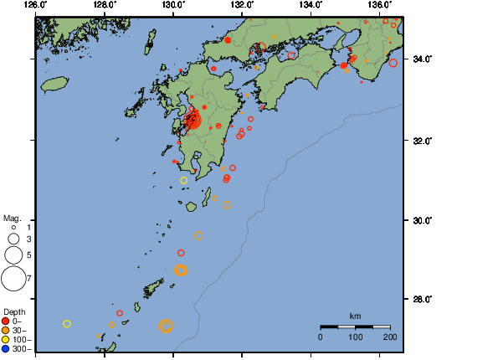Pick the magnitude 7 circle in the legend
pos(13,278)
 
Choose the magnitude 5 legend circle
pos(13,254)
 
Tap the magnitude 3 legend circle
pos(13,239)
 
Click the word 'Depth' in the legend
pos(14,312)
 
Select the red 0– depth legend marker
pos(6,321)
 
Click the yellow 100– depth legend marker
pos(6,340)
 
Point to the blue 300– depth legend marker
pos(6,349)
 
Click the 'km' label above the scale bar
pos(355,316)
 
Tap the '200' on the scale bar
pos(390,337)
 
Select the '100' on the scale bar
pos(355,337)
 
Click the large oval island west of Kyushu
pos(54,85)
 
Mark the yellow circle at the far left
pos(67,323)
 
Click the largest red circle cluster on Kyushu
pos(194,121)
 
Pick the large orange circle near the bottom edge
pos(166,326)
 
